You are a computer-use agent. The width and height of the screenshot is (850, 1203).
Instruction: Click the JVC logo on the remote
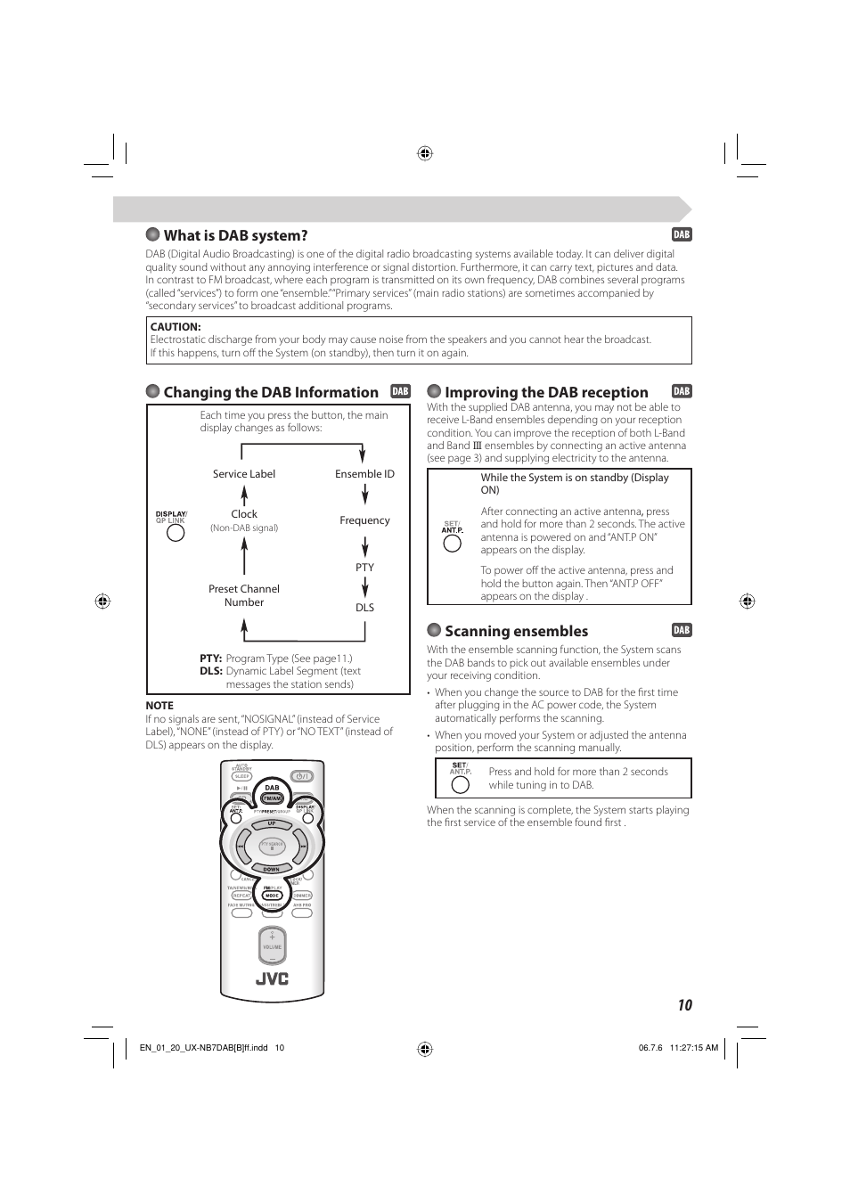coord(273,978)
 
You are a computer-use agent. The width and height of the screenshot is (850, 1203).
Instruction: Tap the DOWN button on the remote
coord(272,869)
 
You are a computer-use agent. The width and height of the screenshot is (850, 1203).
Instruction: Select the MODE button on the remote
coord(272,896)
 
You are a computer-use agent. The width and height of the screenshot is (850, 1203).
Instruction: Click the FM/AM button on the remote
coord(272,798)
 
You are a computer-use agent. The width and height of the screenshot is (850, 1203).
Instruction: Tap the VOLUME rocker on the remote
coord(272,946)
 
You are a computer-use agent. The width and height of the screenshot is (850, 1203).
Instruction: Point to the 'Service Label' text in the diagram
coord(244,474)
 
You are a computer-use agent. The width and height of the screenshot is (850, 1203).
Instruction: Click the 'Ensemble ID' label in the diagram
coord(364,474)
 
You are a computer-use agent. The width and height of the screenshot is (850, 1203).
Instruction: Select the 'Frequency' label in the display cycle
coord(364,520)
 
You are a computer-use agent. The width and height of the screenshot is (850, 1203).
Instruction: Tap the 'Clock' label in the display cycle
coord(244,514)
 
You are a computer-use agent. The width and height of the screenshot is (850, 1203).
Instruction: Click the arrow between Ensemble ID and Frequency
coord(364,495)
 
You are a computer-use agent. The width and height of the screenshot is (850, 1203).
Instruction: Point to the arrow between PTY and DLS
coord(364,587)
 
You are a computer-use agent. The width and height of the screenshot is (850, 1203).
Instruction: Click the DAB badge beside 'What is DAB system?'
coord(682,235)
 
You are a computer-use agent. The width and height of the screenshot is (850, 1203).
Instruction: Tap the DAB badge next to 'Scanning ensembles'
coord(682,630)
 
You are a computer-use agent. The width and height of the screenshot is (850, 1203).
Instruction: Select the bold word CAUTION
coord(176,327)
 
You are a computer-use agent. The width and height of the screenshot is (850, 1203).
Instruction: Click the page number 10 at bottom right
coord(683,1005)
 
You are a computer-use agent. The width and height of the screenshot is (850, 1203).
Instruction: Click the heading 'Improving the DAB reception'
coord(546,392)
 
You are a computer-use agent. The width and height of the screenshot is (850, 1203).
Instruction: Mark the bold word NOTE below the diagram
coord(159,706)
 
